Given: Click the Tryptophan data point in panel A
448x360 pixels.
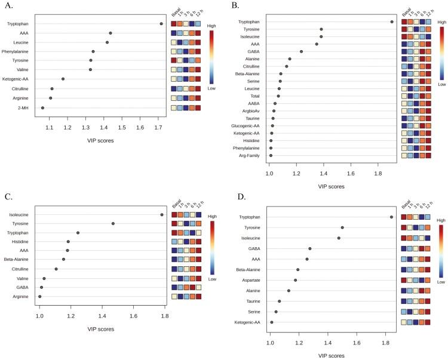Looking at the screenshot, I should click(x=161, y=24).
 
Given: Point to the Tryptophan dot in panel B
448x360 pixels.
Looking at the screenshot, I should click(x=392, y=21).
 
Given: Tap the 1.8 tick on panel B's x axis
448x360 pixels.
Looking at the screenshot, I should click(x=378, y=173).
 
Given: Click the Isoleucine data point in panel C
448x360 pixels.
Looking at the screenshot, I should click(x=162, y=214).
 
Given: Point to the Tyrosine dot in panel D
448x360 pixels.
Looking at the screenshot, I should click(x=342, y=227).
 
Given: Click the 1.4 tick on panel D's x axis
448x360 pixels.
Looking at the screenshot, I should click(x=328, y=342).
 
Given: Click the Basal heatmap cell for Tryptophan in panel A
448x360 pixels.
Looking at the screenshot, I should click(x=174, y=24).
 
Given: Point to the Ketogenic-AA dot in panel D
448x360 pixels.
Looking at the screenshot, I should click(x=272, y=322).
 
